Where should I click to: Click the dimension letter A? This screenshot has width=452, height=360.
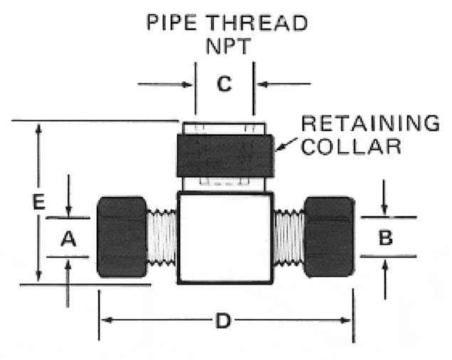68,239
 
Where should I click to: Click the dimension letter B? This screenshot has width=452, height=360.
386,238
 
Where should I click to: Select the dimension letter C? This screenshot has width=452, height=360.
224,83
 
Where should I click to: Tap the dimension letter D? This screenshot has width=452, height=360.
224,321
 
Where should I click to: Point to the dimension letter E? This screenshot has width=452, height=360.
38,201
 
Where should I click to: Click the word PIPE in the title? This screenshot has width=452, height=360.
172,22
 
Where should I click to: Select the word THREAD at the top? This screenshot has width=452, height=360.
257,23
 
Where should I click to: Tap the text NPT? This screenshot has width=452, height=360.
228,46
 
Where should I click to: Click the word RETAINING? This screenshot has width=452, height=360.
370,123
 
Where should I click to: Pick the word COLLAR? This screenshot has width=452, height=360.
351,147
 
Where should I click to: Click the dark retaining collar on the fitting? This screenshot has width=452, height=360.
225,156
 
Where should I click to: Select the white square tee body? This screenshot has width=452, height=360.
225,238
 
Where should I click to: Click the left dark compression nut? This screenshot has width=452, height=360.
122,237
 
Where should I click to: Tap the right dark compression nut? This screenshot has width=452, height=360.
330,237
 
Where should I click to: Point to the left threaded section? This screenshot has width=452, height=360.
162,238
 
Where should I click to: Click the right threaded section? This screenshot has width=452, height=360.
289,238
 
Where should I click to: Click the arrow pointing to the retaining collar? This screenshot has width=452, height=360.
286,144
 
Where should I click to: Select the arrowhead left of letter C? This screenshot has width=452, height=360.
188,85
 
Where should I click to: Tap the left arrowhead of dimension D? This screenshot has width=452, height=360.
106,320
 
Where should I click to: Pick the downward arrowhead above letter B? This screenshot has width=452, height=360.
384,210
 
